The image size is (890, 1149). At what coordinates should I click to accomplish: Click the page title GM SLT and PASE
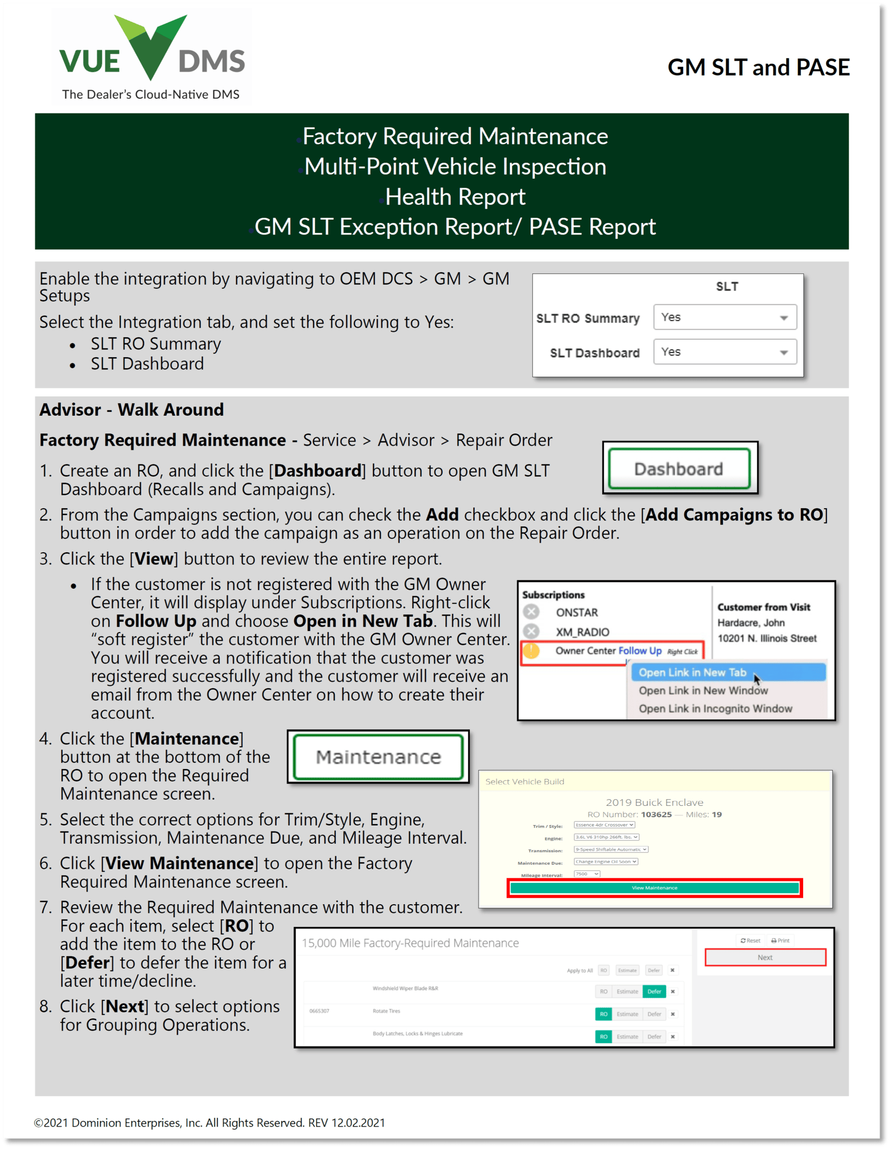tap(758, 67)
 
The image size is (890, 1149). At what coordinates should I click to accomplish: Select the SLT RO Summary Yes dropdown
tap(724, 317)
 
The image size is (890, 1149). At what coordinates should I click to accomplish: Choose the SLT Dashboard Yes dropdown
tap(724, 352)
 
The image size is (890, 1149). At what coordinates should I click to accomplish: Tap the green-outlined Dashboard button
tap(678, 469)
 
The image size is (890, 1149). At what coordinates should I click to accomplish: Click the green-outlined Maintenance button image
tap(378, 757)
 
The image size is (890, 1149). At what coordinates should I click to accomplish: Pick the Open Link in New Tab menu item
tap(692, 672)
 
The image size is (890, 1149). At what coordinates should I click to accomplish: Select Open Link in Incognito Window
tap(715, 709)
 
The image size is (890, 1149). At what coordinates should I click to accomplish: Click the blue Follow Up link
tap(640, 651)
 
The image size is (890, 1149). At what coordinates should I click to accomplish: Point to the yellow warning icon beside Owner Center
tap(531, 651)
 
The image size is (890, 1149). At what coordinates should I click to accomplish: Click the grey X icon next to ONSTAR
tap(531, 612)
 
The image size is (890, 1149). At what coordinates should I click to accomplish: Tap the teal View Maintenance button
tap(655, 888)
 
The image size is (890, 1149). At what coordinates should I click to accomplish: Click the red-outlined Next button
tap(765, 958)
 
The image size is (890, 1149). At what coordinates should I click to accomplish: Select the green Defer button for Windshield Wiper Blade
tap(654, 992)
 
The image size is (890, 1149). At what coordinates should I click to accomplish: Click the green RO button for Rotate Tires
tap(603, 1014)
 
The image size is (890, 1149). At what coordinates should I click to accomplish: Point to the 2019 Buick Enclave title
tap(654, 802)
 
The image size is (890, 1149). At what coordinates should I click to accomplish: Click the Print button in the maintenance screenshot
tap(780, 940)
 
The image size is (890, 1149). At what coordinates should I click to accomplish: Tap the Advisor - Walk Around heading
tap(131, 410)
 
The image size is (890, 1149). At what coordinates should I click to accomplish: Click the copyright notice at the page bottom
tap(210, 1123)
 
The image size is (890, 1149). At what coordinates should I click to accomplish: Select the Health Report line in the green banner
tap(455, 197)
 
